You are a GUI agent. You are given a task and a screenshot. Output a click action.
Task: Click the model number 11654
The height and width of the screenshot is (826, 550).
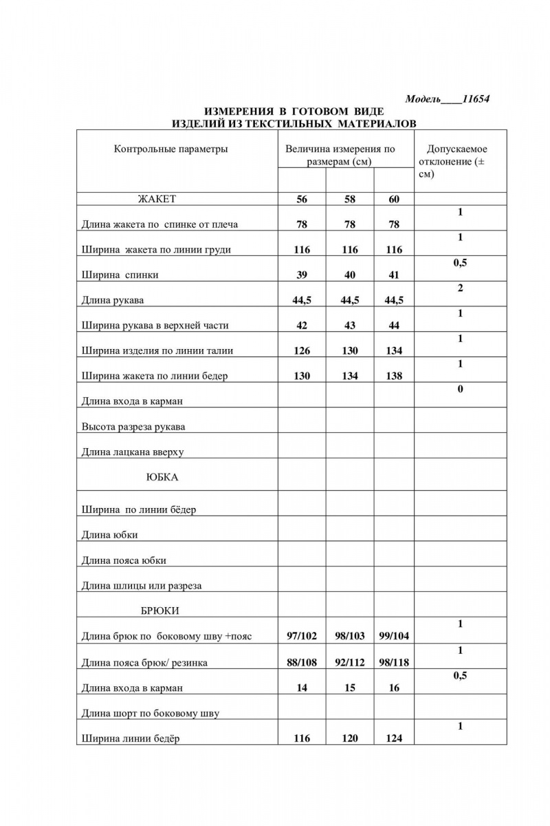(475, 99)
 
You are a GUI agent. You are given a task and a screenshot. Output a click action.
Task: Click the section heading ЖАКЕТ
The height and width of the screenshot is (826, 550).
(157, 199)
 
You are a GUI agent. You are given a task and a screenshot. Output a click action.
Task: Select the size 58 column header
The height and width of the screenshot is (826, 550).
(349, 200)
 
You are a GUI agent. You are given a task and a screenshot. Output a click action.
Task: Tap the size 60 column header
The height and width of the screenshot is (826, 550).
(394, 200)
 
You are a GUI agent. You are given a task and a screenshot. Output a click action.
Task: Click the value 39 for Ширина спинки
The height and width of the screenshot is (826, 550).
(301, 275)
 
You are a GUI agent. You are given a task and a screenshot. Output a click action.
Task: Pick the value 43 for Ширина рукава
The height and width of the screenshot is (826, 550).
(349, 326)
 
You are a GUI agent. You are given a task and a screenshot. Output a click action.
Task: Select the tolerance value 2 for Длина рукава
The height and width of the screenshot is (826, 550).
(460, 288)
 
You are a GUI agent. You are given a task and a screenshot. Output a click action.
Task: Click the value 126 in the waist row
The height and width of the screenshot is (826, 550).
(301, 351)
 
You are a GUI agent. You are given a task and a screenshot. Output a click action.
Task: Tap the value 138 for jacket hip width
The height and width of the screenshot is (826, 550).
(394, 377)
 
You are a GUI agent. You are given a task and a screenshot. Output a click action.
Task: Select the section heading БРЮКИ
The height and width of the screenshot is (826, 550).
(159, 611)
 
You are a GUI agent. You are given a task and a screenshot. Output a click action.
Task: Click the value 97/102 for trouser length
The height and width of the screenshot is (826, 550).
(301, 636)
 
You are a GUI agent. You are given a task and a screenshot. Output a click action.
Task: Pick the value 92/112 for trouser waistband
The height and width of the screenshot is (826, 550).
(349, 662)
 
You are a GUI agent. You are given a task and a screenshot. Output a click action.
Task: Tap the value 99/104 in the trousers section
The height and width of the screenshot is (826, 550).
(394, 636)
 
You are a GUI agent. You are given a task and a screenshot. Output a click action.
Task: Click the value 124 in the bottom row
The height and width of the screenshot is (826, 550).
(394, 739)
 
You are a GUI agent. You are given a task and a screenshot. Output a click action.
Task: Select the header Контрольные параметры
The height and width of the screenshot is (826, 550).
(170, 149)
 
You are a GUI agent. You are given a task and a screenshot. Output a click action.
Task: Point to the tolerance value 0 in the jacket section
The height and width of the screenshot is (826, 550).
(460, 390)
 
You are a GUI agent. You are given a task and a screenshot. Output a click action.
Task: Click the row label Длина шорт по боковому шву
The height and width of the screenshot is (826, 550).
(151, 713)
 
